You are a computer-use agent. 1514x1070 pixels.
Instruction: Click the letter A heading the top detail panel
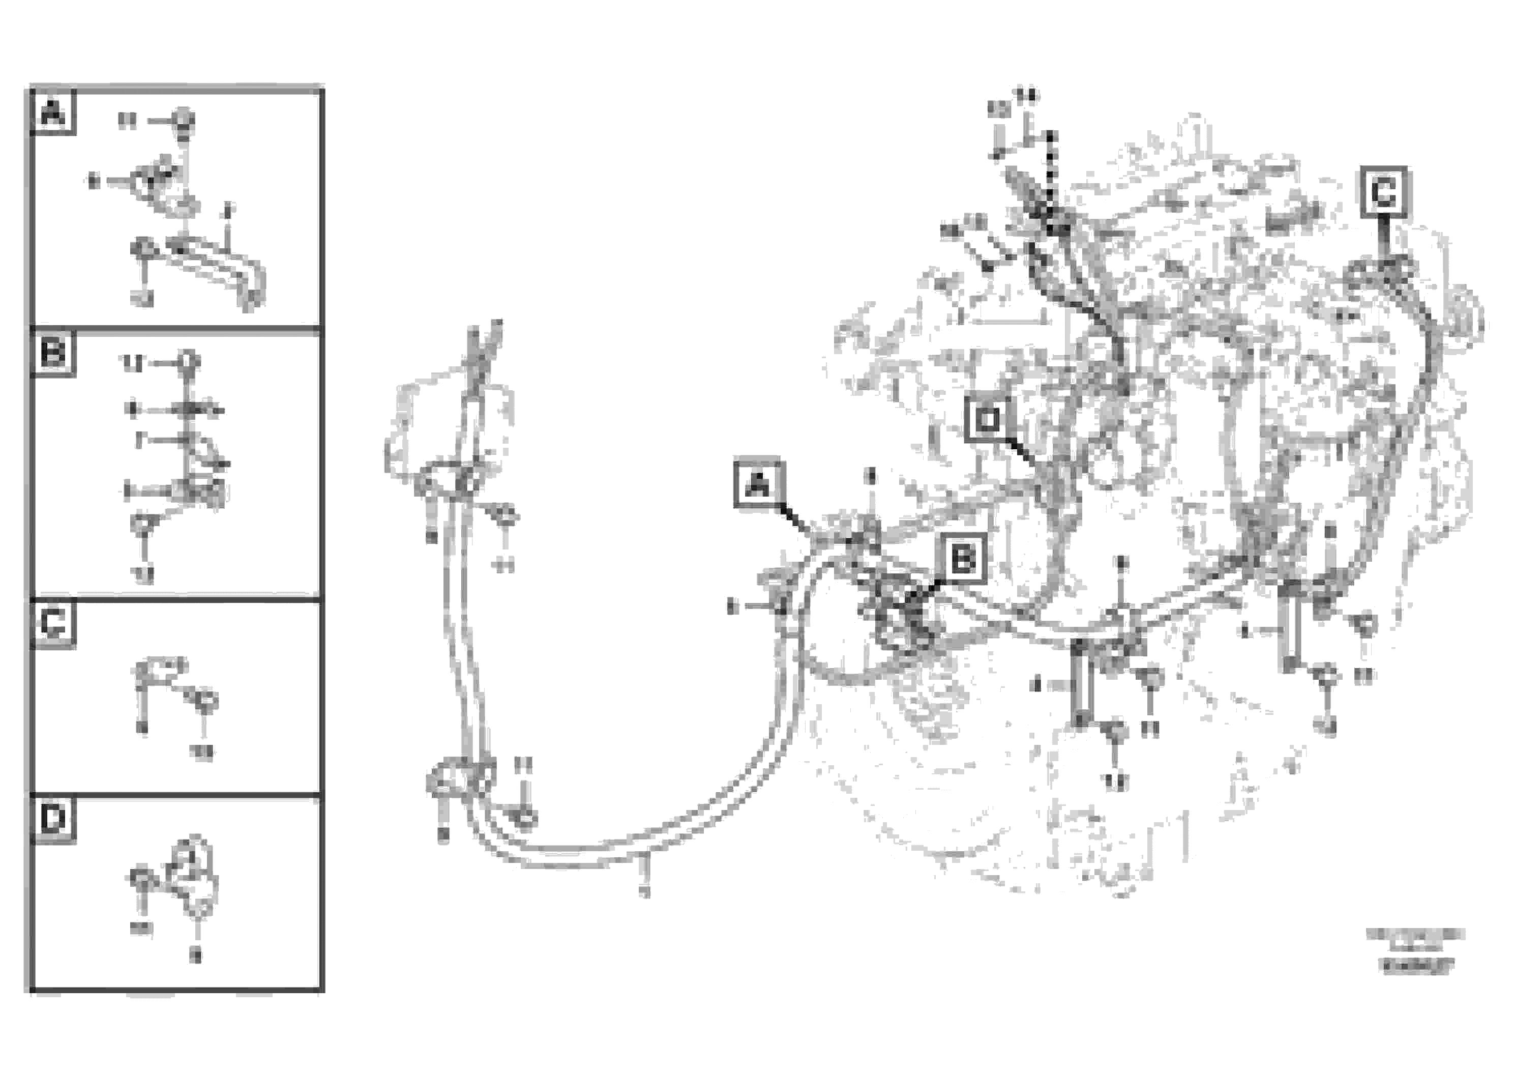tap(53, 113)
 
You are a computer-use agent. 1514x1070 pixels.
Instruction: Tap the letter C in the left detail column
tap(53, 623)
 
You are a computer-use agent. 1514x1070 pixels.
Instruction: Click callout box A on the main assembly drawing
tap(759, 485)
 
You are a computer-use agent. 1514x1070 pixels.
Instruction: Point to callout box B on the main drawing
tap(963, 559)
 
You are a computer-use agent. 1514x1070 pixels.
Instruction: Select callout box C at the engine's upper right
tap(1383, 192)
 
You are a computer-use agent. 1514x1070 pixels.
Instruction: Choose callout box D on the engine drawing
tap(987, 420)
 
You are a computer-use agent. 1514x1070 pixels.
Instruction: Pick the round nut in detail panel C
tap(205, 701)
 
